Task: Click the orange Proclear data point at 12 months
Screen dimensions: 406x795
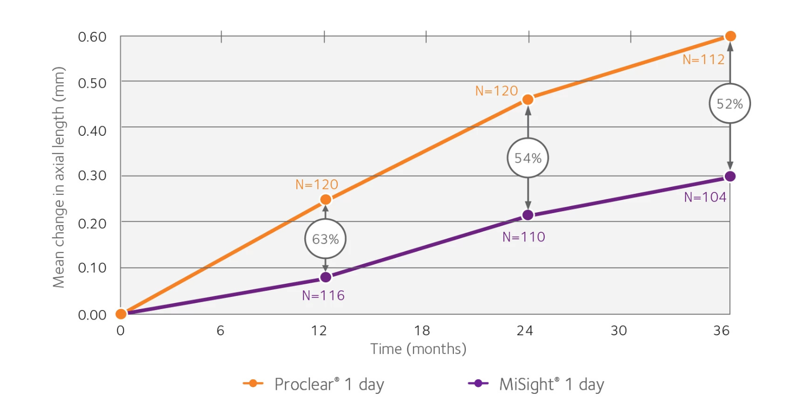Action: coord(326,199)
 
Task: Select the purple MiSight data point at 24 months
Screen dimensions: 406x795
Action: coord(527,215)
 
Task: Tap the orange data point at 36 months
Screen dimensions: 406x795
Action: coord(730,36)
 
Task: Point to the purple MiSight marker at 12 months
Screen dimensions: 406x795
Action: coord(326,277)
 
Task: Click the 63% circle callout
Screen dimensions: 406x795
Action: coord(325,239)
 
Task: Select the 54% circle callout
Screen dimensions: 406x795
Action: coord(527,158)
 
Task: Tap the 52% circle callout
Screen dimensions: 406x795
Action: coord(730,104)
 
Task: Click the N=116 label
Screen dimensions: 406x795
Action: coord(323,295)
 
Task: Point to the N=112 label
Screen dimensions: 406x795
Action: coord(703,60)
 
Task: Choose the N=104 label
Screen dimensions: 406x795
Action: coord(705,197)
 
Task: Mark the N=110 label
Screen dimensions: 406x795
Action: coord(523,237)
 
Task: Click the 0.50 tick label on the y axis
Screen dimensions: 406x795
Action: coord(92,83)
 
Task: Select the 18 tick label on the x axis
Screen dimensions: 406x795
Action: coord(422,331)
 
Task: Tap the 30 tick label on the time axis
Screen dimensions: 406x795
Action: coord(619,331)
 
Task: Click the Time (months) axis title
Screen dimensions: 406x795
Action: coord(418,349)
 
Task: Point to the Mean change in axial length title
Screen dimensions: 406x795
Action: coord(59,177)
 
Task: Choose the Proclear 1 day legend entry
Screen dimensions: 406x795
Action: coord(313,384)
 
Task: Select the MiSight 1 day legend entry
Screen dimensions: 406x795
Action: coord(536,384)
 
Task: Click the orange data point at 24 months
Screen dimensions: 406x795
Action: coord(527,99)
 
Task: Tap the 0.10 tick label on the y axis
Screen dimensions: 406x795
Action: coord(92,268)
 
